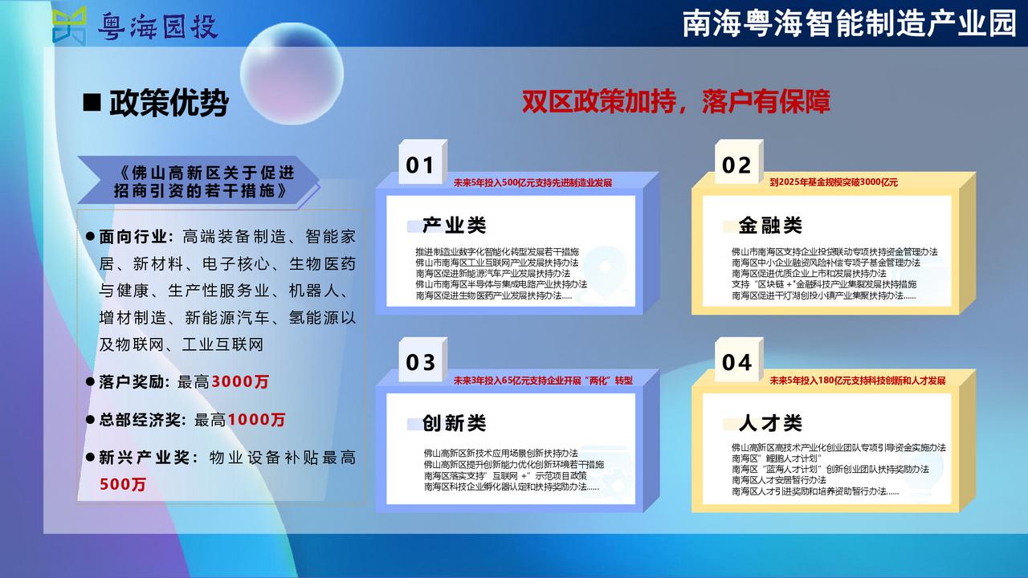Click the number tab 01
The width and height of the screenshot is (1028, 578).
pos(422,162)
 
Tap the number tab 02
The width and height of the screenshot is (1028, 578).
pos(739,162)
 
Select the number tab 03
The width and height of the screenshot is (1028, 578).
pos(422,360)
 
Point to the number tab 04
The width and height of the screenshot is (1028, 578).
pos(739,360)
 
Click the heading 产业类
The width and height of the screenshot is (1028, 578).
pos(454,226)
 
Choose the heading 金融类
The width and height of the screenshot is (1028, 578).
pos(770,226)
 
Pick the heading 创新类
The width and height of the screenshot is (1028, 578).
pos(454,423)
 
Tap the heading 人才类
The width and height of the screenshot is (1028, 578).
pos(770,423)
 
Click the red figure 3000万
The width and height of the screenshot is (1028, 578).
pos(240,381)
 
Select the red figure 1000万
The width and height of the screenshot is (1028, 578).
pos(256,419)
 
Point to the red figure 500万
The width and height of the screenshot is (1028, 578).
pos(123,484)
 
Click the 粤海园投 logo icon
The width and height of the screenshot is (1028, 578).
pos(69,25)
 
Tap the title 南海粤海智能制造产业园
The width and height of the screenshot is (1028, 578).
pos(850,23)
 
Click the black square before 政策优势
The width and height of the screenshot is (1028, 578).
pos(92,102)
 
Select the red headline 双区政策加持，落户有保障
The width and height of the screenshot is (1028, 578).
pos(676,102)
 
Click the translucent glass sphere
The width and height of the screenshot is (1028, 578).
pos(292,73)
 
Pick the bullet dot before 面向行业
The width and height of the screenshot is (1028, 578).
pos(90,237)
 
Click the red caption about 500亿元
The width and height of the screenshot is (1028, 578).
pos(532,182)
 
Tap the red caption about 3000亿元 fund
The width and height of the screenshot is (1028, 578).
pos(834,182)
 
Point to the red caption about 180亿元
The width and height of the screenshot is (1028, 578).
pos(858,381)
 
